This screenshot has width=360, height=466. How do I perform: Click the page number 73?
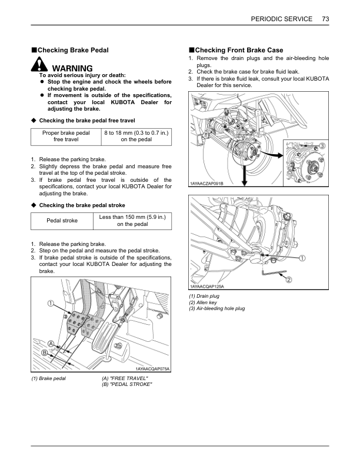(x=325, y=19)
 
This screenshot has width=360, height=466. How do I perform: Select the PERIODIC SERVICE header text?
(x=281, y=19)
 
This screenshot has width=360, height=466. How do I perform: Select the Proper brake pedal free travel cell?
(x=66, y=136)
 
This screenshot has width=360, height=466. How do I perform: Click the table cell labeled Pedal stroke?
(x=62, y=221)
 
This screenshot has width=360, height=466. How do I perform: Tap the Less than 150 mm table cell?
(x=132, y=221)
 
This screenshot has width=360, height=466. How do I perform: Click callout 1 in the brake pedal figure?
(x=51, y=304)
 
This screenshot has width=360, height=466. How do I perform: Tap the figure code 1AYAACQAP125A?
(x=206, y=287)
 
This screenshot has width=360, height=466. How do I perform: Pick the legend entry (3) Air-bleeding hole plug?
(x=216, y=309)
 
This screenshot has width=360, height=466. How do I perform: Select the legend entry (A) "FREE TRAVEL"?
(x=125, y=378)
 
